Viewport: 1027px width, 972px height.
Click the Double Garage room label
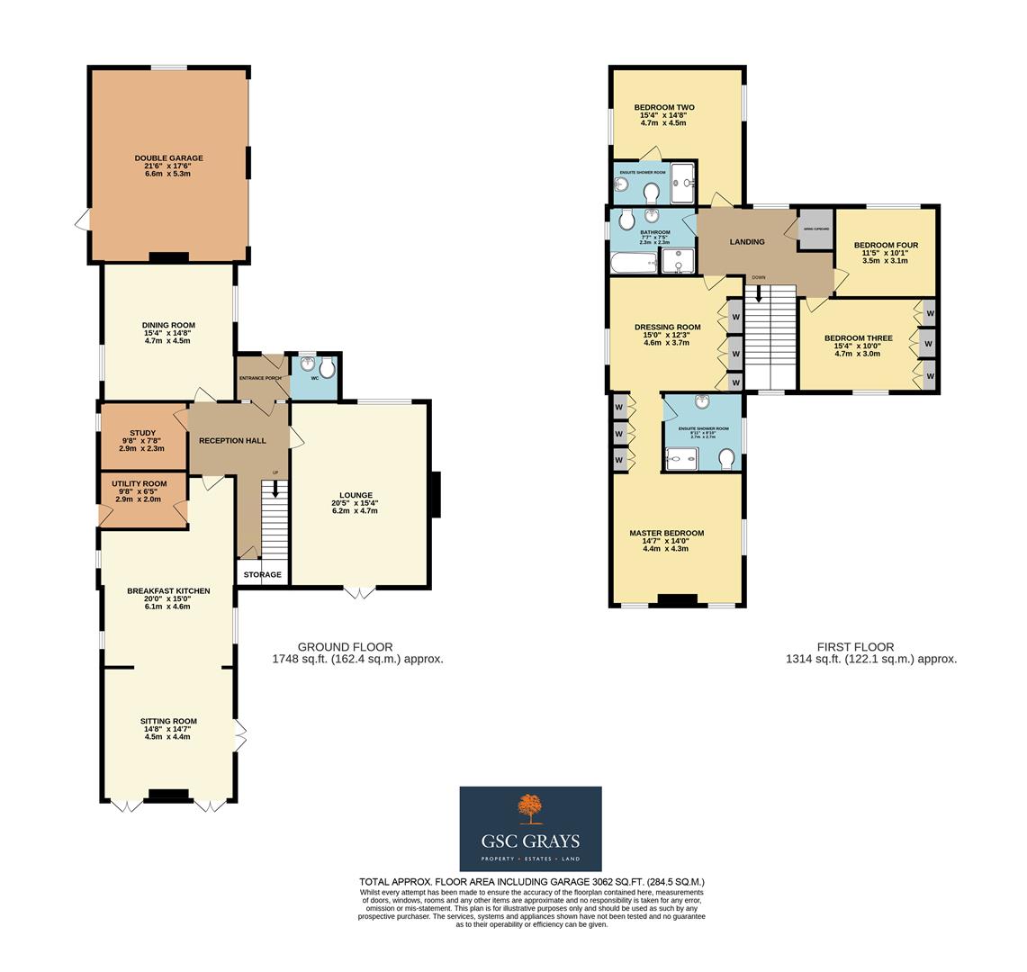tap(168, 157)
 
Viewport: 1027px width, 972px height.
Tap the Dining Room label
tap(168, 325)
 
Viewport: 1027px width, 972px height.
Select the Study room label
tap(142, 433)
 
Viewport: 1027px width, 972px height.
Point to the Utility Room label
tap(140, 483)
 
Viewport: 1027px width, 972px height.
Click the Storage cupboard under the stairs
tap(262, 574)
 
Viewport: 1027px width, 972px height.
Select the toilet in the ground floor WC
tap(327, 368)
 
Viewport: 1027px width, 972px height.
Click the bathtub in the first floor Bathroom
tap(633, 263)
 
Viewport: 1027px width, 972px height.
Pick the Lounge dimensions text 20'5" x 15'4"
tap(356, 503)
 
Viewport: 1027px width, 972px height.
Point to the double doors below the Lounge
tap(359, 593)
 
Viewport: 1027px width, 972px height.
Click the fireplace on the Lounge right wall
tap(437, 495)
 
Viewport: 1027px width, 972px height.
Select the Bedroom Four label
tap(886, 245)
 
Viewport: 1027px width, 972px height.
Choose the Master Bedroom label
tap(666, 533)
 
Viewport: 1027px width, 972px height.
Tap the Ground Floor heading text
tap(345, 646)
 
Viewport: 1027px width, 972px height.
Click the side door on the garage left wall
tap(83, 219)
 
